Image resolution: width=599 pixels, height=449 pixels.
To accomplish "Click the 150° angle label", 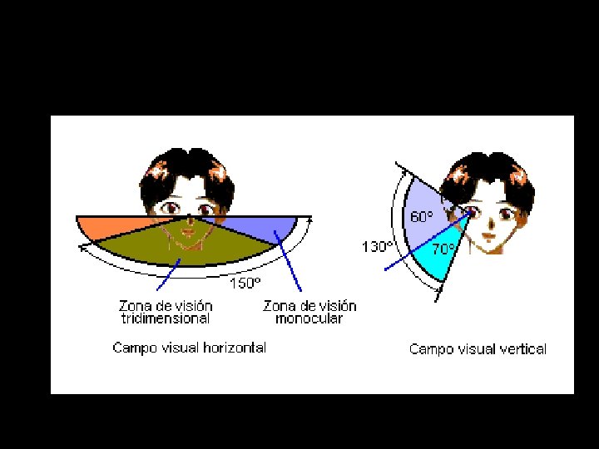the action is point(245,283).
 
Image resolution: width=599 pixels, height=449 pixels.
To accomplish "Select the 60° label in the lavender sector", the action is point(420,217).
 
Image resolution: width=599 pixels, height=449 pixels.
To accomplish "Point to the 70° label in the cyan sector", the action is point(443,248).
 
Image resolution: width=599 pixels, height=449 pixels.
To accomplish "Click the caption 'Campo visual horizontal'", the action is point(190,348).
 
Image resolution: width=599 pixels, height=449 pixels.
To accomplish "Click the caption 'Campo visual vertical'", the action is point(478,349).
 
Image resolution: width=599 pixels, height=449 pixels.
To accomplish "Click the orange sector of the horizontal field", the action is point(104,226).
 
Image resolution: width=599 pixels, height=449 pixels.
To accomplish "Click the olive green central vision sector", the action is point(187,245).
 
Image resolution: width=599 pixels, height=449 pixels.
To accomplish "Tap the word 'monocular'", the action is point(309,318).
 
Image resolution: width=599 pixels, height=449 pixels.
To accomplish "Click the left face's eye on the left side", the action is point(171,206).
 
